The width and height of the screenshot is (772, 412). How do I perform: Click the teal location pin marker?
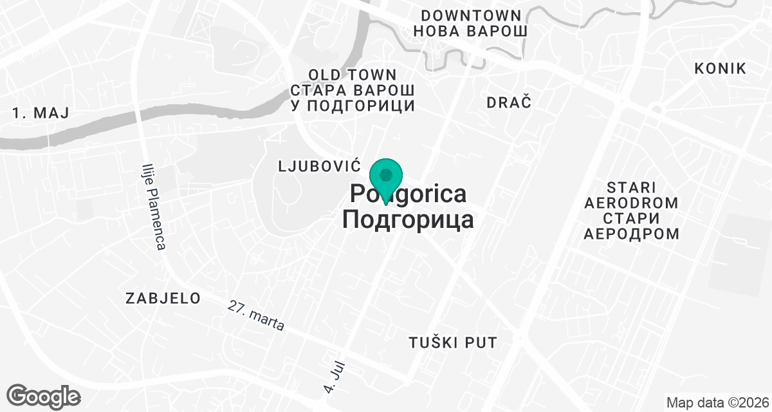[x=386, y=178]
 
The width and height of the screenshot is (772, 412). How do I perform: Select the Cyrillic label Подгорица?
[x=408, y=220]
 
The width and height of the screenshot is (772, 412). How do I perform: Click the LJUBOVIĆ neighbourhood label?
[x=317, y=166]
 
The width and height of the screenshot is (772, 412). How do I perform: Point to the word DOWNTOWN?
[x=471, y=15]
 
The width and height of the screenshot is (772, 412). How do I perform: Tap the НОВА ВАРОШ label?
[x=471, y=31]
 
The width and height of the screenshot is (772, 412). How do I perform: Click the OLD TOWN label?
[x=353, y=75]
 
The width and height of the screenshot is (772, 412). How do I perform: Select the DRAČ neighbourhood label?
[x=509, y=102]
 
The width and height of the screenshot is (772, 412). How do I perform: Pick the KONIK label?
[x=721, y=69]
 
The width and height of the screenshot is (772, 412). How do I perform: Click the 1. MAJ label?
[x=41, y=113]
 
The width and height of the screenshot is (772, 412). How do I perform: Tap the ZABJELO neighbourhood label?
[x=163, y=298]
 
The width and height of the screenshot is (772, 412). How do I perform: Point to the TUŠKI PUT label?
[x=453, y=342]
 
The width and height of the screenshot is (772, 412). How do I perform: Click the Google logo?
[x=43, y=396]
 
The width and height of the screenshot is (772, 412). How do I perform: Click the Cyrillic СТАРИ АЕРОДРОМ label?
[x=630, y=225]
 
